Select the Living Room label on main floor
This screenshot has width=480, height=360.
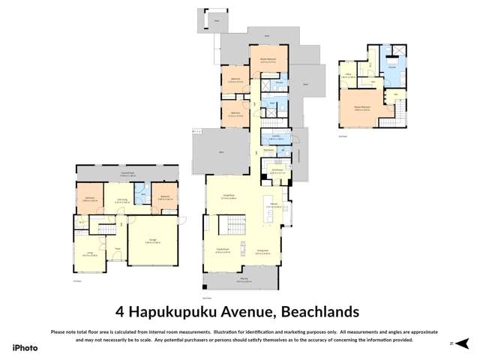click(223, 197)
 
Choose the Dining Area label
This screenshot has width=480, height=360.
click(262, 252)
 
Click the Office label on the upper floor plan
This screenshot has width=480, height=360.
click(349, 75)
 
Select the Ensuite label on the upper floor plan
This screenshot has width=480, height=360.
click(391, 67)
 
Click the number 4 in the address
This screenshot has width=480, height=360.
click(120, 310)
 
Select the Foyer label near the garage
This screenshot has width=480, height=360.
click(117, 247)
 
